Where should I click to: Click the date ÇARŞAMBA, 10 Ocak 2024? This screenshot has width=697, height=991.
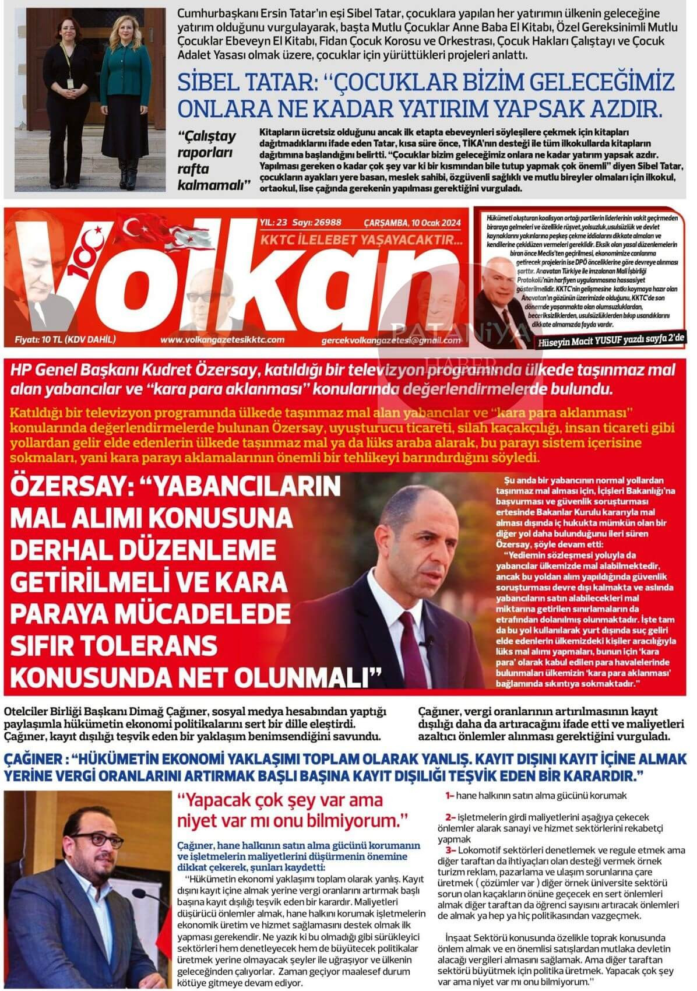pyautogui.click(x=412, y=222)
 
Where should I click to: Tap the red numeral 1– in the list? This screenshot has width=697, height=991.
pyautogui.click(x=449, y=795)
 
